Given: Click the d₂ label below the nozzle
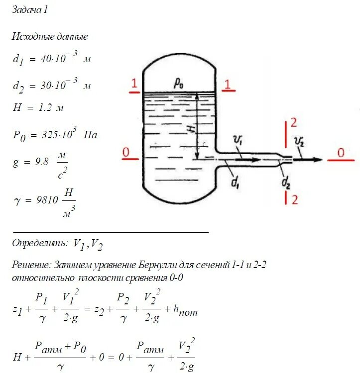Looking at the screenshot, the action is pyautogui.click(x=286, y=184).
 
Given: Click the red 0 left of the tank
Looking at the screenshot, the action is pyautogui.click(x=127, y=153).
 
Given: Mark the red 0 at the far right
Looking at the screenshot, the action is pyautogui.click(x=341, y=153).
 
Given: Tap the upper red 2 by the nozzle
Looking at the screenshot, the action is pyautogui.click(x=294, y=123).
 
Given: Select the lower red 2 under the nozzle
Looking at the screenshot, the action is pyautogui.click(x=294, y=199).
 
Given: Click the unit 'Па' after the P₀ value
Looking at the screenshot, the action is pyautogui.click(x=90, y=134).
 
